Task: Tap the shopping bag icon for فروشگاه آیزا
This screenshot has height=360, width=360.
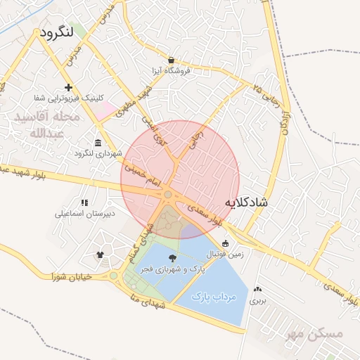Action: coord(171,60)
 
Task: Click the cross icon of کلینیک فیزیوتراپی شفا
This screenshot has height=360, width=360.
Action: coord(68,87)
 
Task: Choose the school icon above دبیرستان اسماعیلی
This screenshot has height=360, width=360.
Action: coord(84,202)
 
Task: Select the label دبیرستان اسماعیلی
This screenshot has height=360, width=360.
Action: coord(84,213)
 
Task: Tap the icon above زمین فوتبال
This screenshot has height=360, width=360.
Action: coord(225,244)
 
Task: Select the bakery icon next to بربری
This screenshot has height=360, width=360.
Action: coord(258,289)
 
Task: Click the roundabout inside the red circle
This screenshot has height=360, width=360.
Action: coord(169,194)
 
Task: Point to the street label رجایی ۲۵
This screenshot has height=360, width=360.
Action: coord(267,96)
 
